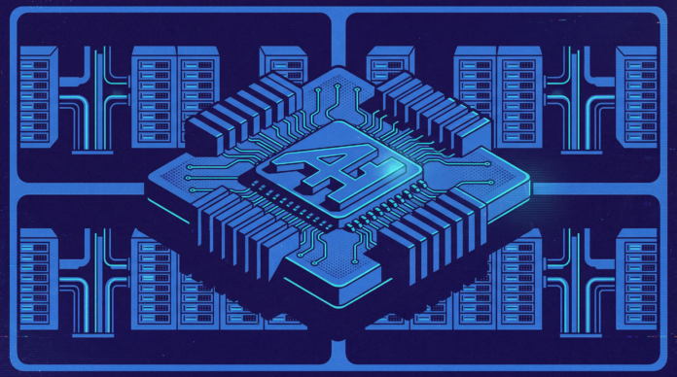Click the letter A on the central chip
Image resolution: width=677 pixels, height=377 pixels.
(x=322, y=168)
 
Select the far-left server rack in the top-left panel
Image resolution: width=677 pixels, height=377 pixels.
(x=39, y=97)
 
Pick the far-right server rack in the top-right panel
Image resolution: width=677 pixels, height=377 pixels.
(x=636, y=97)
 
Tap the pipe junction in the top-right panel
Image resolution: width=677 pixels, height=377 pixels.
(x=581, y=100)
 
